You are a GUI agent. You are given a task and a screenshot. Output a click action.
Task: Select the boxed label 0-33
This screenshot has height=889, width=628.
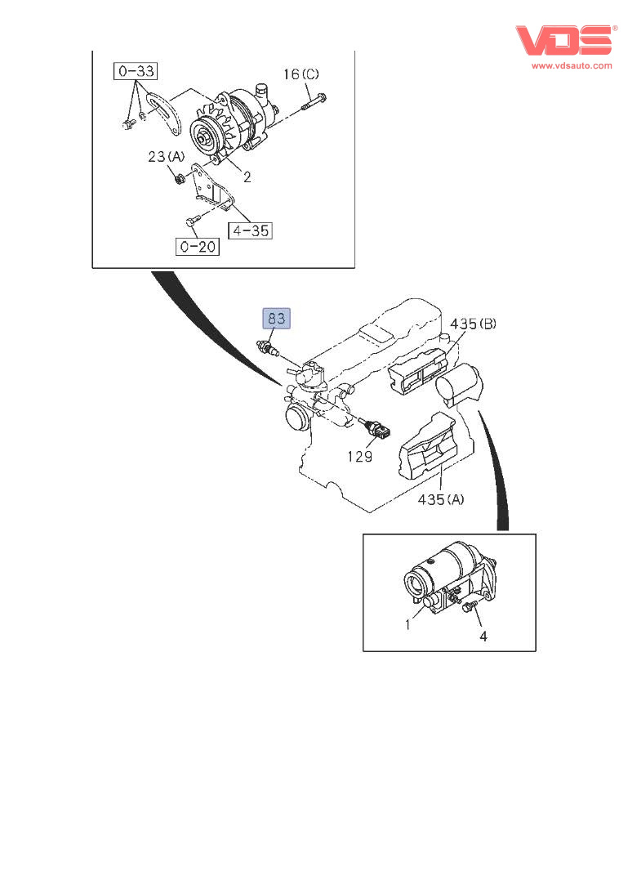(136, 73)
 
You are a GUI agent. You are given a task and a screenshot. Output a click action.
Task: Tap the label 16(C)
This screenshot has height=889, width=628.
(302, 75)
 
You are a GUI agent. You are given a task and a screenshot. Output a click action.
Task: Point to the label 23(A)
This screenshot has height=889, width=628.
(167, 156)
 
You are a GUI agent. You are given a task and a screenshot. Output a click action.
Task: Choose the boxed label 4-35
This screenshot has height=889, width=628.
(249, 230)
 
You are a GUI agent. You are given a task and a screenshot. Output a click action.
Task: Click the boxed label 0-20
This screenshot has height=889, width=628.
(197, 245)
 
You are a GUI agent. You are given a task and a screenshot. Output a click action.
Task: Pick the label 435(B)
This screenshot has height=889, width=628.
(473, 324)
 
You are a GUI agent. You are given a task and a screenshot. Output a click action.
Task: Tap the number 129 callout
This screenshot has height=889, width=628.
(359, 456)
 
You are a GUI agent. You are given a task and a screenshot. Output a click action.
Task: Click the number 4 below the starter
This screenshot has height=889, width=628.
(483, 635)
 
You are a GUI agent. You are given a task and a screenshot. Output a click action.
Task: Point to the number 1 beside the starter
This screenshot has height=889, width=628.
(408, 625)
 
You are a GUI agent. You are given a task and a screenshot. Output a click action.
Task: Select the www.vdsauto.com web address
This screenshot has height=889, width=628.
(572, 65)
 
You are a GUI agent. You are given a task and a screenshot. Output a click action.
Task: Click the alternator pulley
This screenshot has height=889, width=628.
(203, 134)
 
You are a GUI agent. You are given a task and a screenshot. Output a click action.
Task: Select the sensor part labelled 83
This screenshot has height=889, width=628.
(267, 348)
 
